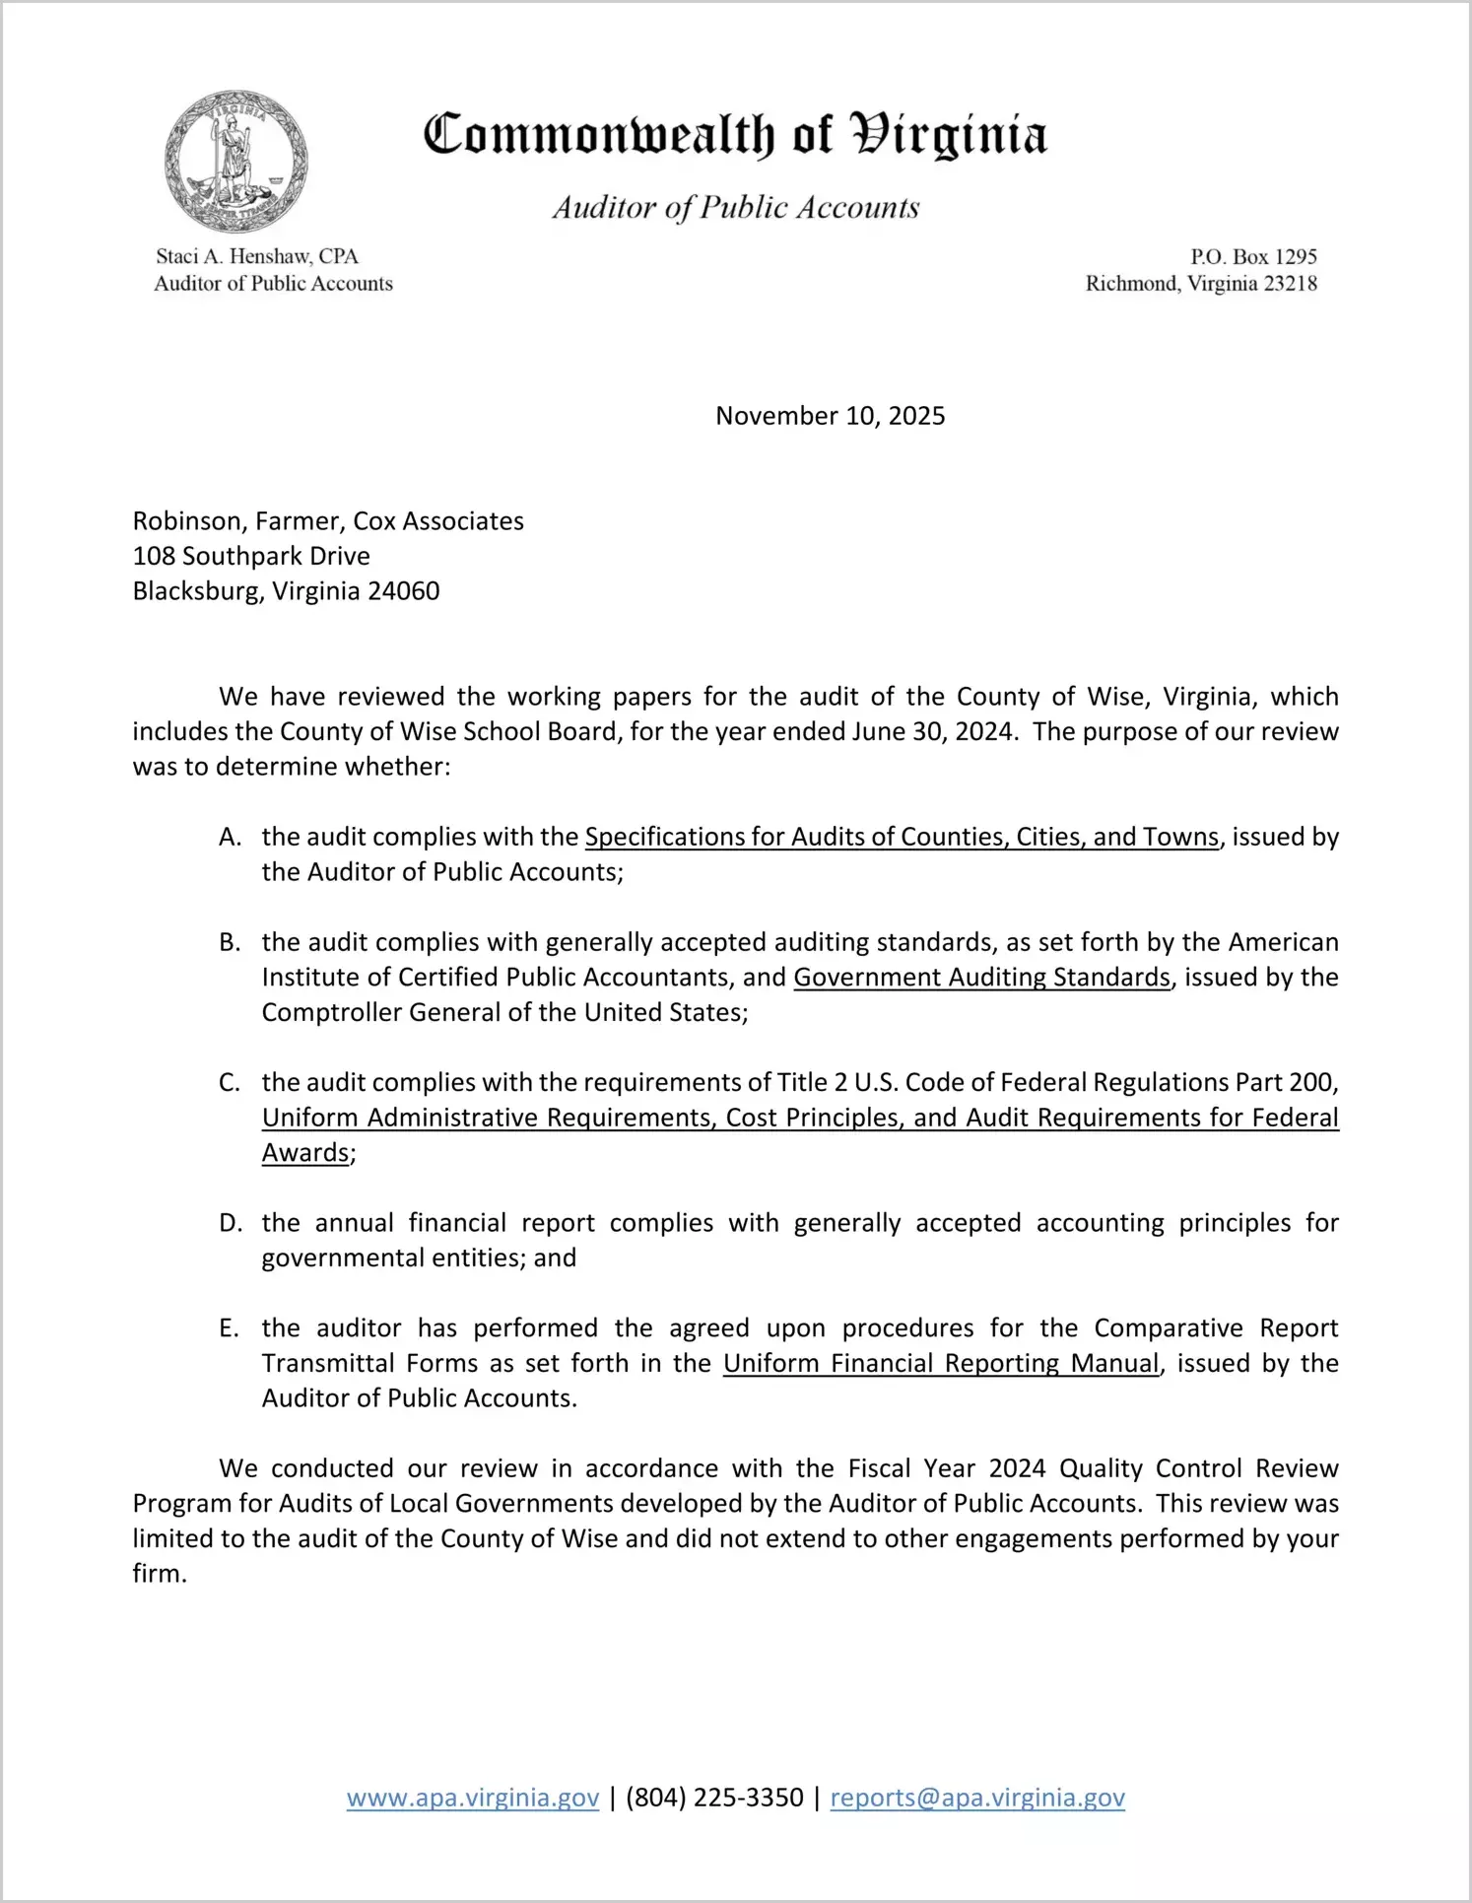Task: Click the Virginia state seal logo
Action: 235,161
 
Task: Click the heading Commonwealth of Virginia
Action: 735,136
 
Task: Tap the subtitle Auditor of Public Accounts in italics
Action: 735,207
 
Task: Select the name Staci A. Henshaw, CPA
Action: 257,256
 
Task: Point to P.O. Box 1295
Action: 1253,256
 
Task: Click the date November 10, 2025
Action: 830,416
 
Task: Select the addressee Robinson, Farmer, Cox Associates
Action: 328,520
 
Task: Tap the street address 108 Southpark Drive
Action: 251,556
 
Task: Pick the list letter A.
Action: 230,837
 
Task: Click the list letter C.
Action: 230,1082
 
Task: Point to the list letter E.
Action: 229,1327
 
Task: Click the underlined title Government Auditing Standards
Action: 981,977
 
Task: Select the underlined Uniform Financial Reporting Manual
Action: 940,1363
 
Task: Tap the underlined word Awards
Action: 305,1152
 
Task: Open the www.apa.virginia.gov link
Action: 473,1798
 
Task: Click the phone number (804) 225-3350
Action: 714,1798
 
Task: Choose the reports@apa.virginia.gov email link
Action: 977,1798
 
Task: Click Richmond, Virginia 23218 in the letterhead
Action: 1201,284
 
